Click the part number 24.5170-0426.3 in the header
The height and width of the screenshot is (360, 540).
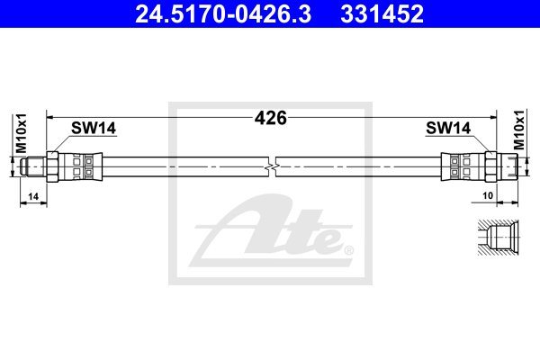point(223,13)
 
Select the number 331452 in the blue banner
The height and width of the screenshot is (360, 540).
point(382,13)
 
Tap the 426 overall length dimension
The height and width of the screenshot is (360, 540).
point(270,118)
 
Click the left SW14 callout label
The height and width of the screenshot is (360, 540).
point(94,128)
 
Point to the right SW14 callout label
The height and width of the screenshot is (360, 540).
point(448,128)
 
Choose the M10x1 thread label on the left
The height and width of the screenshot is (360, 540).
point(22,132)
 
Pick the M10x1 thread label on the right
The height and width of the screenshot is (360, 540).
point(518,130)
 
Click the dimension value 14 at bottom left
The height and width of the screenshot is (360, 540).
point(33,196)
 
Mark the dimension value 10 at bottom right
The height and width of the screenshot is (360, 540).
point(488,195)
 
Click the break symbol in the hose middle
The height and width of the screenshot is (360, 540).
point(272,167)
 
